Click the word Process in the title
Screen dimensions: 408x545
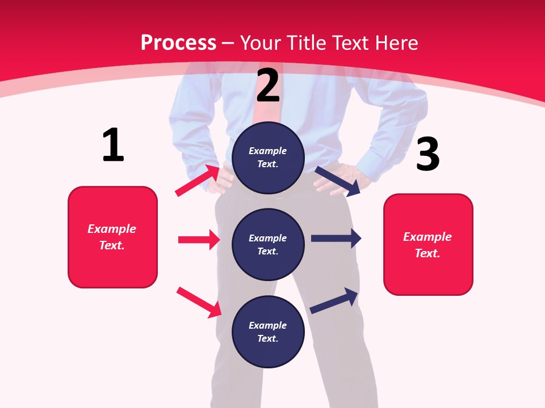click(178, 43)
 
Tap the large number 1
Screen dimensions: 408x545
click(113, 145)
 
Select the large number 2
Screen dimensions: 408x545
click(268, 86)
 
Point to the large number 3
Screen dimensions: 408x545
click(427, 154)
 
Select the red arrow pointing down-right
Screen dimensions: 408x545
click(199, 302)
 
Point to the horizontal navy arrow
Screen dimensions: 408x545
click(336, 239)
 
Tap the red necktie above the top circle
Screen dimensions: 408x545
click(267, 110)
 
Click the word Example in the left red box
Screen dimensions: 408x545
click(112, 229)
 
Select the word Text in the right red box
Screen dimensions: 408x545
click(426, 253)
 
